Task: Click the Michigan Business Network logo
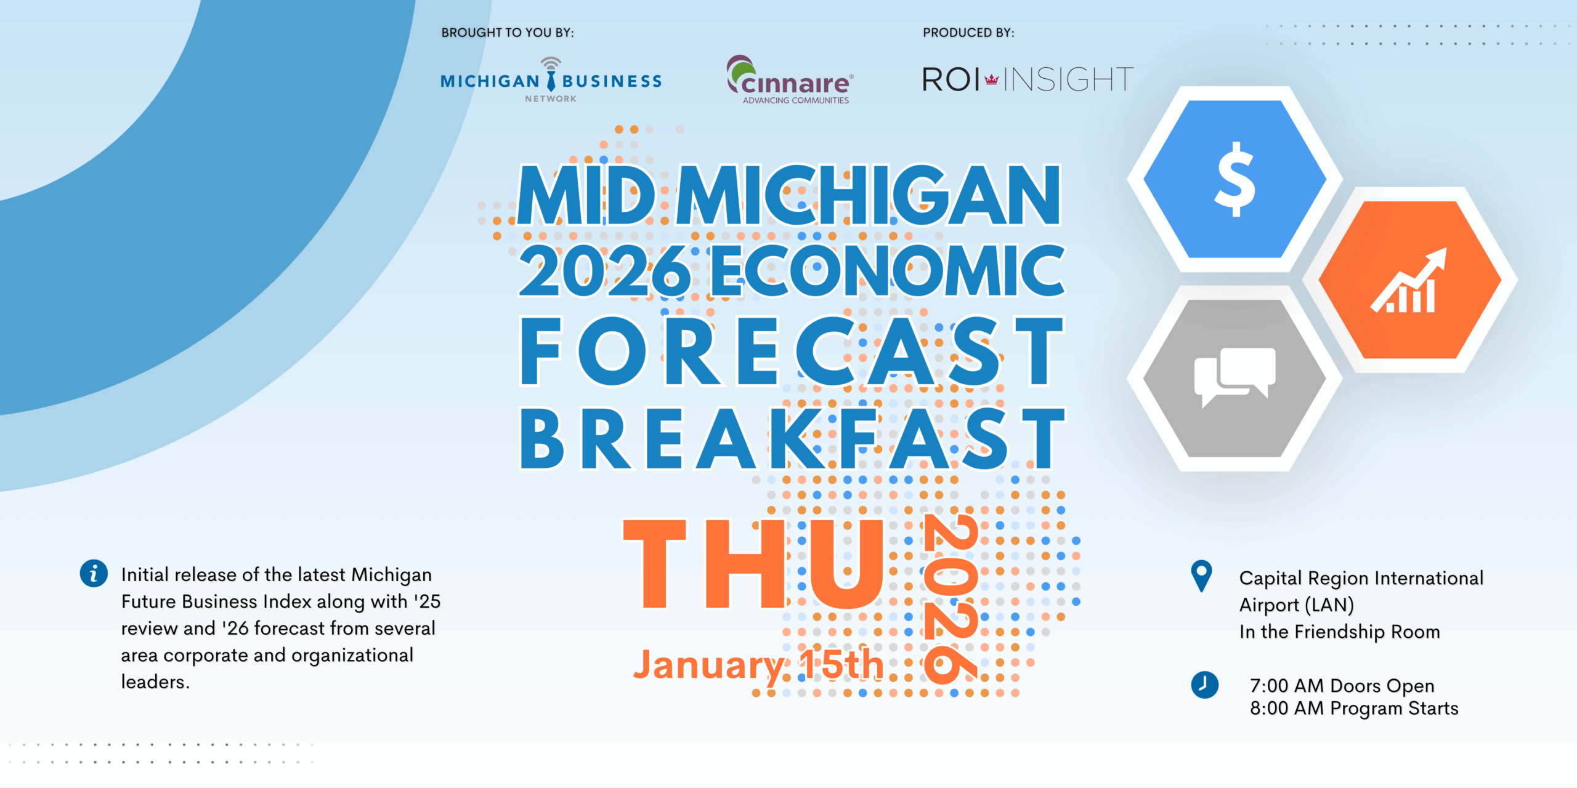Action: [x=551, y=80]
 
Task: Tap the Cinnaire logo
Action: [x=790, y=80]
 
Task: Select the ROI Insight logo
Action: [x=1028, y=79]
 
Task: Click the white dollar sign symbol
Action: [x=1234, y=179]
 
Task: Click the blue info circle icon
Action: [x=94, y=574]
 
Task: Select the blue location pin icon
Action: [x=1201, y=576]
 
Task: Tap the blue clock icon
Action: [x=1204, y=685]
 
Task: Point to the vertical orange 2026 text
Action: [x=951, y=600]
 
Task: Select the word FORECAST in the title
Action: [x=792, y=352]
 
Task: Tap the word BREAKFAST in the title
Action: [x=792, y=439]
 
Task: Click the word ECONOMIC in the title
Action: [x=888, y=270]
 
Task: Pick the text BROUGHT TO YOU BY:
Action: [x=508, y=33]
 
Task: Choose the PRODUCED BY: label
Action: [x=968, y=33]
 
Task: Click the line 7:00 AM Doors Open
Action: [x=1342, y=685]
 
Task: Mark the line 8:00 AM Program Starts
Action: [x=1354, y=708]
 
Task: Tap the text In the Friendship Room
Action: [x=1340, y=632]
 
